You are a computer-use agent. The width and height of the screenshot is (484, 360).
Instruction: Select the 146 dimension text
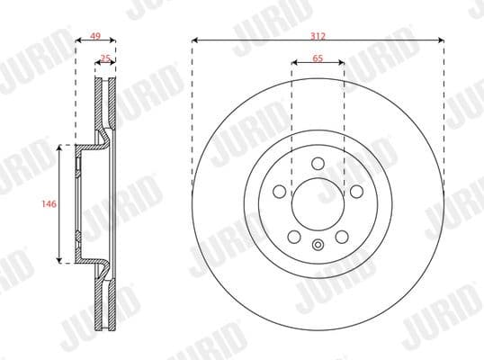click(50, 204)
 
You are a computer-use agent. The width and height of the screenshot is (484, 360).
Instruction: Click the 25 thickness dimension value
click(105, 58)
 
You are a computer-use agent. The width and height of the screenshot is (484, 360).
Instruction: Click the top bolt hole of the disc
click(318, 164)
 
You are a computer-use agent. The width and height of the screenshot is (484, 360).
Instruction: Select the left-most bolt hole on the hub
click(280, 192)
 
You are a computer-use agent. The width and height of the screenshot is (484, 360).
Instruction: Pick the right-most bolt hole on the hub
click(357, 192)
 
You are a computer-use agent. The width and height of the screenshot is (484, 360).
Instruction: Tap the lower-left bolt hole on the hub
click(294, 236)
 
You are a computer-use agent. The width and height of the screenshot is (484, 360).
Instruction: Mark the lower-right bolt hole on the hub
click(343, 236)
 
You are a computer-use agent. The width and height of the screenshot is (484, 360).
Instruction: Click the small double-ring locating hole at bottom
click(318, 247)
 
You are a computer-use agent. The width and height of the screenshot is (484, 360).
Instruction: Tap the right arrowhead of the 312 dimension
click(441, 40)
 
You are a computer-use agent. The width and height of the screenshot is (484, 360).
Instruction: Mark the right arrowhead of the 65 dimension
click(342, 64)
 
